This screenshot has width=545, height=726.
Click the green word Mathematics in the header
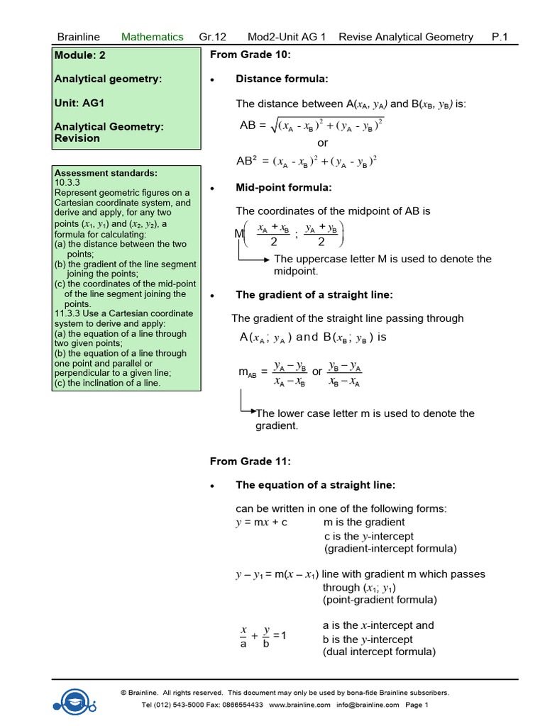(152, 37)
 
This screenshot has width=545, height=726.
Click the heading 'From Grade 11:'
(250, 462)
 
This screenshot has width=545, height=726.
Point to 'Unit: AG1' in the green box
(79, 103)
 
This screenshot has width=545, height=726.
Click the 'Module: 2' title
(80, 55)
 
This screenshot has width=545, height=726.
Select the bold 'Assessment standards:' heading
(106, 173)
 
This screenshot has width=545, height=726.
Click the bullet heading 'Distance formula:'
(282, 79)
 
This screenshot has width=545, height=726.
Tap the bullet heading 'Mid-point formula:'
(283, 188)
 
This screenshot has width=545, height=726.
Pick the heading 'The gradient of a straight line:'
(314, 295)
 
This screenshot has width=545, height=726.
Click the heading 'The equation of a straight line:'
(315, 485)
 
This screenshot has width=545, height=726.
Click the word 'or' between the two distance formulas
(323, 143)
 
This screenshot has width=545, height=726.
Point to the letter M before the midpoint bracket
(238, 233)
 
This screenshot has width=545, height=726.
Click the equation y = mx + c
(261, 523)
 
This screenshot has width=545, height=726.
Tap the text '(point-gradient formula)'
(380, 600)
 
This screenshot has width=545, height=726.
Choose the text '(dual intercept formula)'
(379, 652)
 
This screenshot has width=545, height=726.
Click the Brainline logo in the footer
(74, 698)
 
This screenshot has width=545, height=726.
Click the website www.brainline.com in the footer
(299, 705)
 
